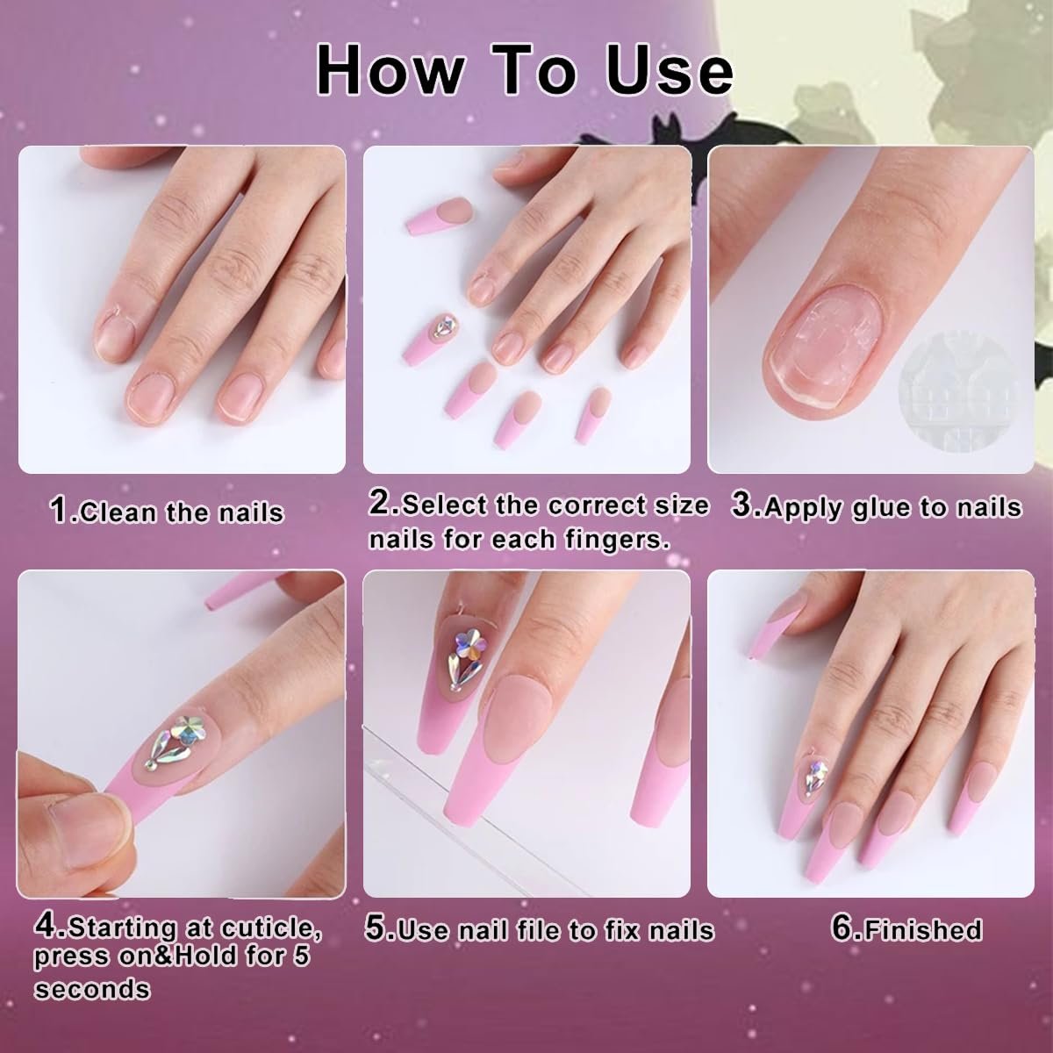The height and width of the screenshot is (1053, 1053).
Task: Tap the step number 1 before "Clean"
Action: point(59,510)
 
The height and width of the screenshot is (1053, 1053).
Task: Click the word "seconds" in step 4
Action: point(92,989)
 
